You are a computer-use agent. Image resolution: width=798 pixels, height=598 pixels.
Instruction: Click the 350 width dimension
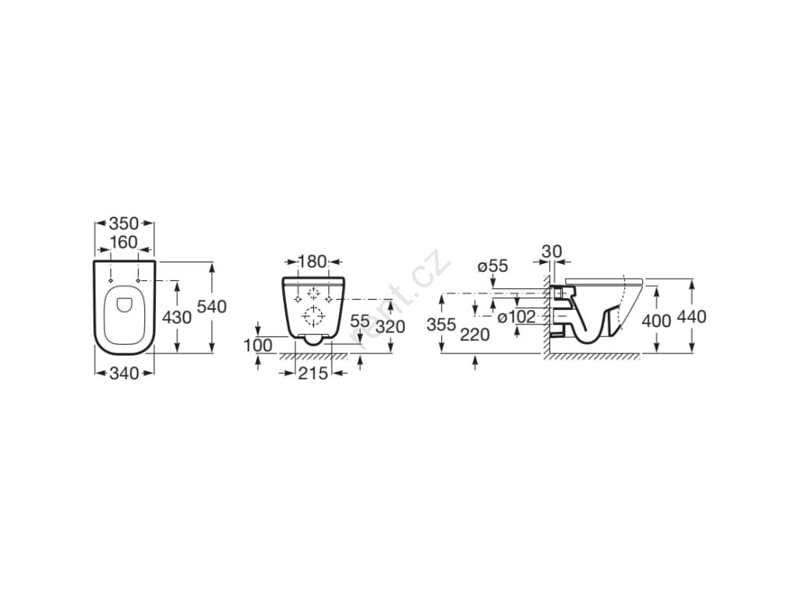[124, 223]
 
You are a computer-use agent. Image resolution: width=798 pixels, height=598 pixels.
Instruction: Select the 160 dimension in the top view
[124, 242]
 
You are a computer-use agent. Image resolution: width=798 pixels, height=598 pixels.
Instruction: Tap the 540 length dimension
[211, 307]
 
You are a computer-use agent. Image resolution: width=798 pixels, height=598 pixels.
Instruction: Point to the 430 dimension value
[177, 318]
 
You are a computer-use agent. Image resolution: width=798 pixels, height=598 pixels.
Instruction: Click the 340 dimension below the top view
[124, 373]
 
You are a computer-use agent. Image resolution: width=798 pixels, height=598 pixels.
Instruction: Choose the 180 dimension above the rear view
[312, 262]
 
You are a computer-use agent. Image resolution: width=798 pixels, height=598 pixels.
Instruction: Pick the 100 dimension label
[257, 346]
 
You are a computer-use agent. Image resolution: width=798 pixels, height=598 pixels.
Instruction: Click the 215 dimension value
[313, 374]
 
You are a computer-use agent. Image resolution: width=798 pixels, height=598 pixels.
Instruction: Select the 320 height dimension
[390, 326]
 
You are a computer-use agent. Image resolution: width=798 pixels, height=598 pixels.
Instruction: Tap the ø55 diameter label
[493, 266]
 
